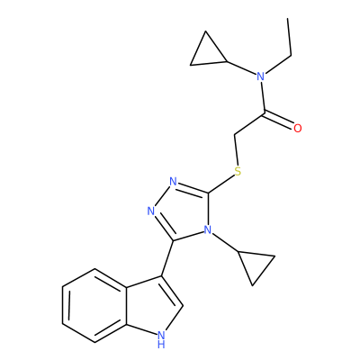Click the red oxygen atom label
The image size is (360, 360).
pos(297,129)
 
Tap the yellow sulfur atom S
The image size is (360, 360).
pos(238,172)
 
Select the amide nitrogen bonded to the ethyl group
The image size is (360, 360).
pos(260,76)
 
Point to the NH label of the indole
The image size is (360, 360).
pos(161,339)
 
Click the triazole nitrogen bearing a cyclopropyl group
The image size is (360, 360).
pos(207,229)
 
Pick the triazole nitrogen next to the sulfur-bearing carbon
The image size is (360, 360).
pos(173,182)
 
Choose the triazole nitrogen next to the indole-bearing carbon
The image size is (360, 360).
pos(151,211)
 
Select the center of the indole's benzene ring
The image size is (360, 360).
pos(94,305)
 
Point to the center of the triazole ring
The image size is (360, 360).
pos(183,211)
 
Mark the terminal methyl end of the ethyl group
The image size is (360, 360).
pos(288,19)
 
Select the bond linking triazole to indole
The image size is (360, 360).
pos(167,258)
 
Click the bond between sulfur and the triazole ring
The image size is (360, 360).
pos(221,184)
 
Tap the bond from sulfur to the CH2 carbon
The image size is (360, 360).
pos(236,149)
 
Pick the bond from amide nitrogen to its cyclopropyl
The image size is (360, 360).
pos(241,67)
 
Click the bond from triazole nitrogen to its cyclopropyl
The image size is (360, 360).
pos(225,242)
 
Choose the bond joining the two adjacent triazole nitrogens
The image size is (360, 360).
pos(162,196)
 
